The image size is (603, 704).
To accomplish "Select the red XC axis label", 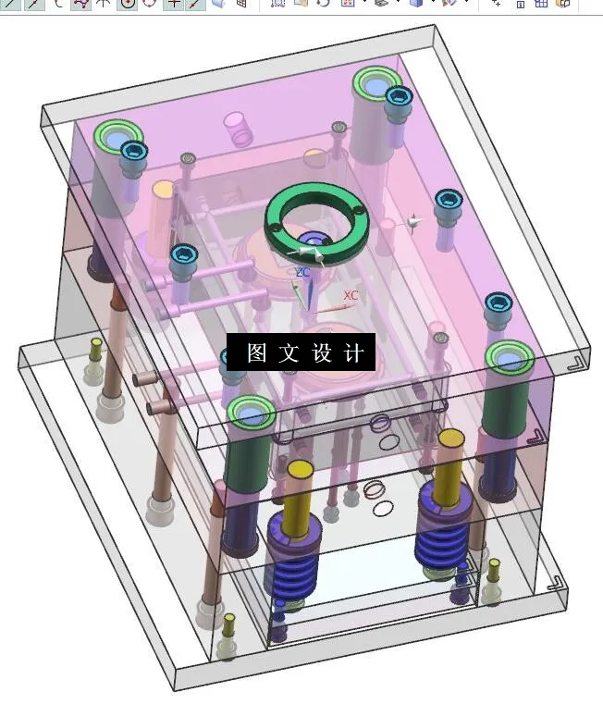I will pyautogui.click(x=351, y=296).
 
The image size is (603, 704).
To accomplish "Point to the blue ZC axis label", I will pyautogui.click(x=302, y=272).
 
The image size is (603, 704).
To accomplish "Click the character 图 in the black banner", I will pyautogui.click(x=256, y=352).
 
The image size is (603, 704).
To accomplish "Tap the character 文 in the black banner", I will pyautogui.click(x=289, y=352).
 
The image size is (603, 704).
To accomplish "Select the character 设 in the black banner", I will pyautogui.click(x=321, y=352).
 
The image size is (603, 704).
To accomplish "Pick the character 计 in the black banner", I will pyautogui.click(x=353, y=352).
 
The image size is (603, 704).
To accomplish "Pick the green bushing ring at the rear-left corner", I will pyautogui.click(x=117, y=138).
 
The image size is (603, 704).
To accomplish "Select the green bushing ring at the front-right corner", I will pyautogui.click(x=510, y=357).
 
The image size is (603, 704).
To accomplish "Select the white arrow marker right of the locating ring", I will pyautogui.click(x=412, y=222).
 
